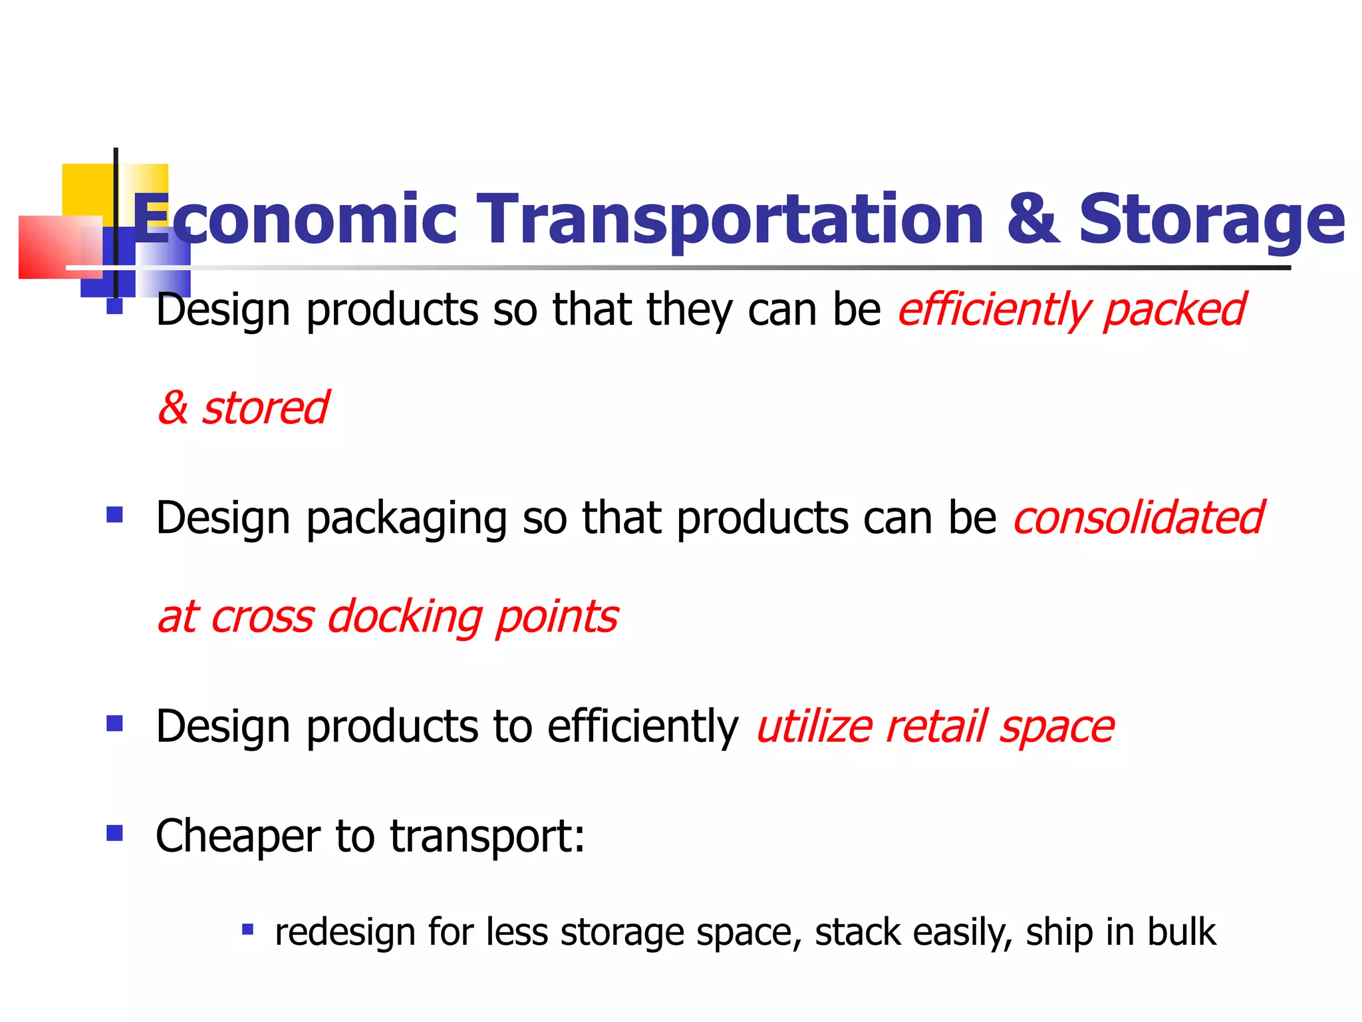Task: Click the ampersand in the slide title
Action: click(x=1032, y=218)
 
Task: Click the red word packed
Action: click(x=1173, y=310)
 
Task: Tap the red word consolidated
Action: click(x=1138, y=518)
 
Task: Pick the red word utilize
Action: click(x=814, y=726)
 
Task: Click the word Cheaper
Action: click(x=237, y=836)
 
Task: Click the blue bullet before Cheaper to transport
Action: click(x=114, y=832)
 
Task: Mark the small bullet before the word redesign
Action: click(x=247, y=929)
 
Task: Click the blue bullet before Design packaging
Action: click(x=114, y=514)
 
